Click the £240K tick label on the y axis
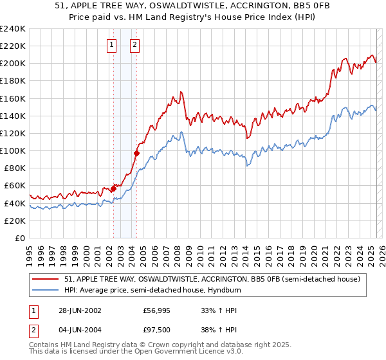(x=13, y=28)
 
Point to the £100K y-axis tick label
(x=13, y=150)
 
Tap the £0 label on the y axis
(x=20, y=238)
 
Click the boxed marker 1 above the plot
(x=113, y=45)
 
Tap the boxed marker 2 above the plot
(x=135, y=45)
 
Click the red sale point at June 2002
(x=114, y=188)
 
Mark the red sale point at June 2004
(x=136, y=153)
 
